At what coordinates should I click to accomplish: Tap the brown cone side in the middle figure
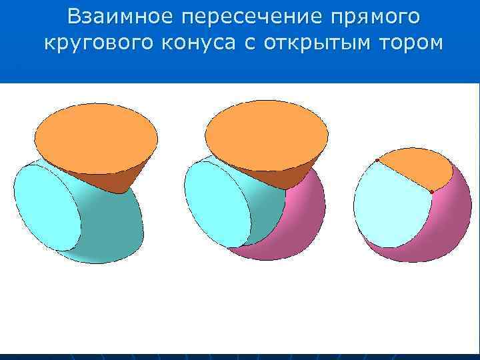[280, 177]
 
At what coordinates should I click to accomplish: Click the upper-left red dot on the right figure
[377, 161]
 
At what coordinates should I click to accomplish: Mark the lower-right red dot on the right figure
[431, 192]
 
